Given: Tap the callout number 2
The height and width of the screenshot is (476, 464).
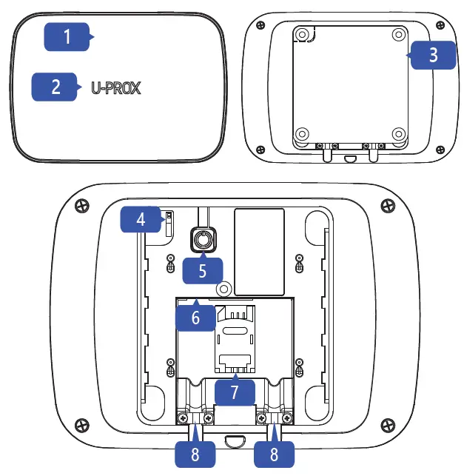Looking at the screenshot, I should pyautogui.click(x=56, y=87).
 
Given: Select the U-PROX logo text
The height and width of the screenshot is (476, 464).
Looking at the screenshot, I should pyautogui.click(x=116, y=88).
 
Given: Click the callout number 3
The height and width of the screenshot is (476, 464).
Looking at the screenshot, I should pyautogui.click(x=433, y=55).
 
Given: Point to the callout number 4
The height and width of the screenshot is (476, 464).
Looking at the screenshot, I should pyautogui.click(x=140, y=220).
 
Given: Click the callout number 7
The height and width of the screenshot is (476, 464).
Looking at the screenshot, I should pyautogui.click(x=234, y=392).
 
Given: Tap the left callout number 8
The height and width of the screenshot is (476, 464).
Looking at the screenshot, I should pyautogui.click(x=194, y=453).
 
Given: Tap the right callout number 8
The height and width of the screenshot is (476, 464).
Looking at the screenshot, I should pyautogui.click(x=274, y=453).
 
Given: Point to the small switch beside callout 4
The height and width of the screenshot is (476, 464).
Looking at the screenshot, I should pyautogui.click(x=169, y=220).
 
